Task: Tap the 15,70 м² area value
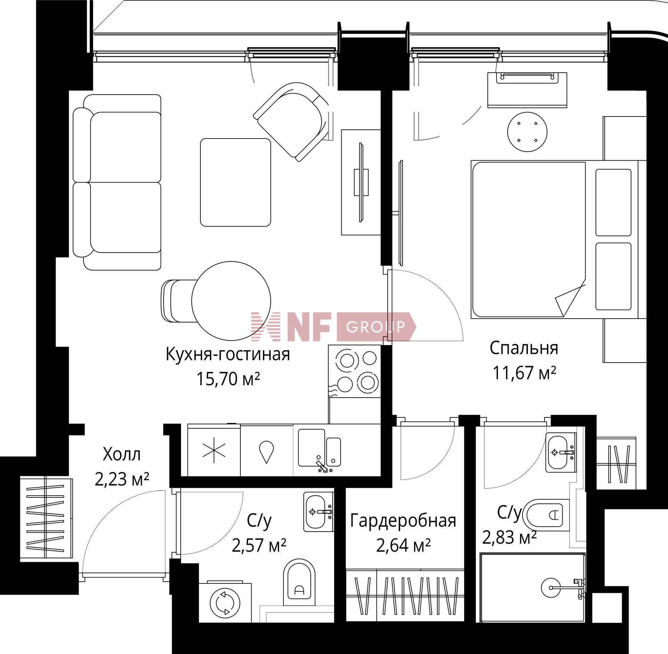[x=228, y=379]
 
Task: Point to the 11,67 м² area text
[x=524, y=373]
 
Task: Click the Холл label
[x=122, y=455]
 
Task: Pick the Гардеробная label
[x=403, y=521]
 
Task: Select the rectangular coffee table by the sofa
[x=236, y=182]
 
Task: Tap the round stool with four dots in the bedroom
[x=527, y=132]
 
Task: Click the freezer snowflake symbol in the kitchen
[x=214, y=450]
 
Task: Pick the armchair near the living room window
[x=292, y=122]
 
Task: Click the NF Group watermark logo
[x=334, y=326]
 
